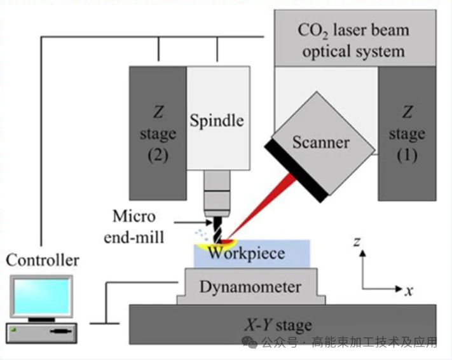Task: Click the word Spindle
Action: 217,121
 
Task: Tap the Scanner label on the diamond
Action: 321,142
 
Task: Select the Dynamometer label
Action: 250,287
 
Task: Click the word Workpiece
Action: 247,253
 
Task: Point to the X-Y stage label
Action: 278,325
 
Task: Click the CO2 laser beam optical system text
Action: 353,41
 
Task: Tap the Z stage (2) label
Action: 158,134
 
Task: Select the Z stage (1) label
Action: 407,134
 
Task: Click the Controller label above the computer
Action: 43,260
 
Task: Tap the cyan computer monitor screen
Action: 41,296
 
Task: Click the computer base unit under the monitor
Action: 41,333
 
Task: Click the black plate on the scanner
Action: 296,170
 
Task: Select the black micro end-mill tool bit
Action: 217,230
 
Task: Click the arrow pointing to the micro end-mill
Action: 193,222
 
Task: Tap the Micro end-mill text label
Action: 134,226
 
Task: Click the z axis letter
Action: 357,242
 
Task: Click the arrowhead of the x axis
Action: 399,289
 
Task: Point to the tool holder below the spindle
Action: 217,193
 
